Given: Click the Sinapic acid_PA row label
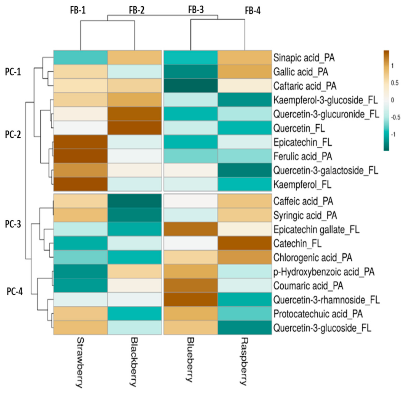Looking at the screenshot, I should (x=304, y=58).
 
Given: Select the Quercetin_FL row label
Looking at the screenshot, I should (x=299, y=128).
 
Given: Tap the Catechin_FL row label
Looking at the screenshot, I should (x=297, y=244).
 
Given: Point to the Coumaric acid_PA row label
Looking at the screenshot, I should (x=308, y=286).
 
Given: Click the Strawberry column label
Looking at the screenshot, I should (x=80, y=362).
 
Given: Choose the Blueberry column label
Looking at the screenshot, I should (x=190, y=360).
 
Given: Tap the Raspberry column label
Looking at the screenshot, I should (x=244, y=361).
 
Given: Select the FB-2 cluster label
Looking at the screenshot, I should (x=137, y=10).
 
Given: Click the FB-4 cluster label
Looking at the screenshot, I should (x=252, y=11).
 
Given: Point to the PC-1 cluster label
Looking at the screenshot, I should (x=13, y=72).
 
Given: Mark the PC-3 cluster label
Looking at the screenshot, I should (x=13, y=224).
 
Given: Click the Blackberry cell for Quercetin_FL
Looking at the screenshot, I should (x=134, y=128).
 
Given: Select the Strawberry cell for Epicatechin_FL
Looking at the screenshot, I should (x=81, y=142).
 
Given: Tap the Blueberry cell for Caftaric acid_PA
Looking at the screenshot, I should (x=191, y=86).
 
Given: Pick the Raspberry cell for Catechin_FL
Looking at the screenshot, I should (x=245, y=244).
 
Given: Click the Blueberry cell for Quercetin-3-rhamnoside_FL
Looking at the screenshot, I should (x=191, y=300).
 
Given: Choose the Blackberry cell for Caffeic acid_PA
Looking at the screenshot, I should (x=134, y=201).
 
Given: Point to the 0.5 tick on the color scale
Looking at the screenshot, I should (x=395, y=83).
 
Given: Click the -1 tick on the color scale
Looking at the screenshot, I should (x=393, y=135).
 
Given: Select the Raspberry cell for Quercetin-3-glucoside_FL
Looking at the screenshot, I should (x=245, y=328).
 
